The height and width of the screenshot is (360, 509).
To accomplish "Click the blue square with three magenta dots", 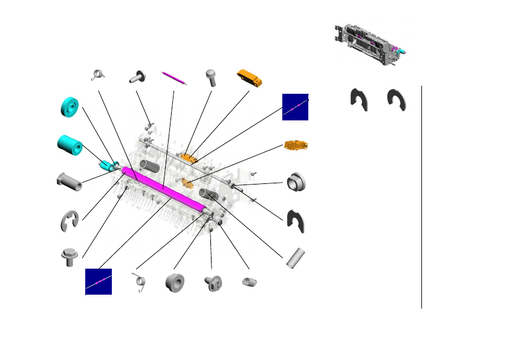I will click(98, 281).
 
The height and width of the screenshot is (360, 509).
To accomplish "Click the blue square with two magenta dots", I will click(295, 107).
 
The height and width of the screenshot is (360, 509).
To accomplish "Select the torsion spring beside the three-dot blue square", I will click(140, 282).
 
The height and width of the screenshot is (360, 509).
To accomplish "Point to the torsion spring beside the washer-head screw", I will click(98, 74).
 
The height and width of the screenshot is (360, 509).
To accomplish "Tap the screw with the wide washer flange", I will click(137, 77).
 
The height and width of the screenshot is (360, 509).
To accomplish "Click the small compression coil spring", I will click(249, 282).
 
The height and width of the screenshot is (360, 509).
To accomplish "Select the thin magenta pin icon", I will click(174, 78).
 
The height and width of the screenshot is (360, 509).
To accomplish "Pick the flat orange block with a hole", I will click(250, 77).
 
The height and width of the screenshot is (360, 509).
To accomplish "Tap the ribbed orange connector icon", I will click(296, 145).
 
